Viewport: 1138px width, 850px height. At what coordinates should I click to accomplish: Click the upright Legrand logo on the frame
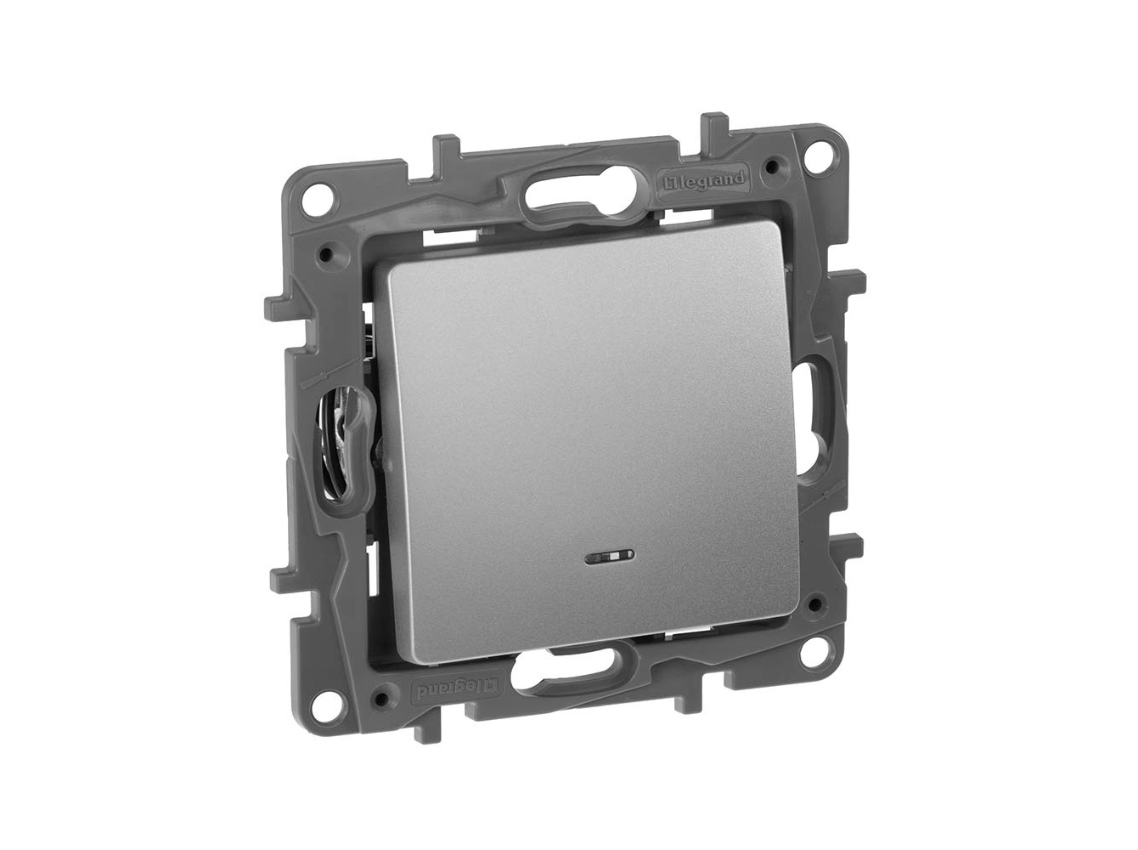(703, 183)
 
